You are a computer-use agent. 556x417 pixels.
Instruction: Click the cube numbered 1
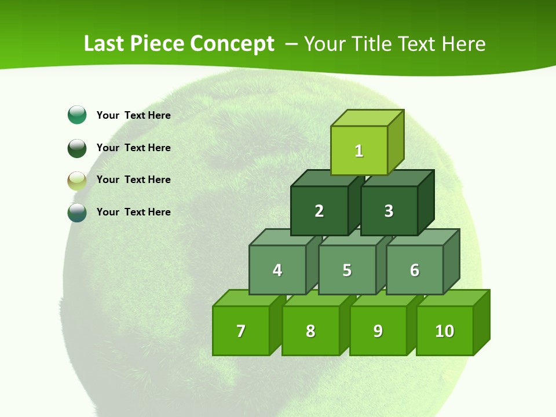click(x=359, y=151)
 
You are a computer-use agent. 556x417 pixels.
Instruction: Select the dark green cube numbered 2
click(x=319, y=211)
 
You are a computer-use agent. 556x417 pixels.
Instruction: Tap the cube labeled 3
click(x=389, y=211)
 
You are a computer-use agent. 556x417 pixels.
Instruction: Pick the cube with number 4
click(x=277, y=270)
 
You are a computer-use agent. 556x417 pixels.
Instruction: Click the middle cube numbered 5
click(x=347, y=270)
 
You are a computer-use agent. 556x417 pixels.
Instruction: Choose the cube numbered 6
click(x=415, y=270)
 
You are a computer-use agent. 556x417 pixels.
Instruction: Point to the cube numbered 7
click(x=241, y=331)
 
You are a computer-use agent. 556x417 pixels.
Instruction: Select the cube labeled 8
click(x=310, y=331)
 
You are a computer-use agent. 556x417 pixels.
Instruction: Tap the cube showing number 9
click(x=378, y=331)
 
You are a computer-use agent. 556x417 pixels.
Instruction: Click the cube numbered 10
click(x=444, y=331)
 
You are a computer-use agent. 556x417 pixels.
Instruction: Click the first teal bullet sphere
click(x=77, y=115)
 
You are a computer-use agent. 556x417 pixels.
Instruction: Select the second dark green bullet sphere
click(x=77, y=148)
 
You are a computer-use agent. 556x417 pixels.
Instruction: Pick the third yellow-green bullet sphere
click(x=77, y=180)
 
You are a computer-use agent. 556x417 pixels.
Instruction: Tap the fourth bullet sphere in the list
click(x=77, y=212)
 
